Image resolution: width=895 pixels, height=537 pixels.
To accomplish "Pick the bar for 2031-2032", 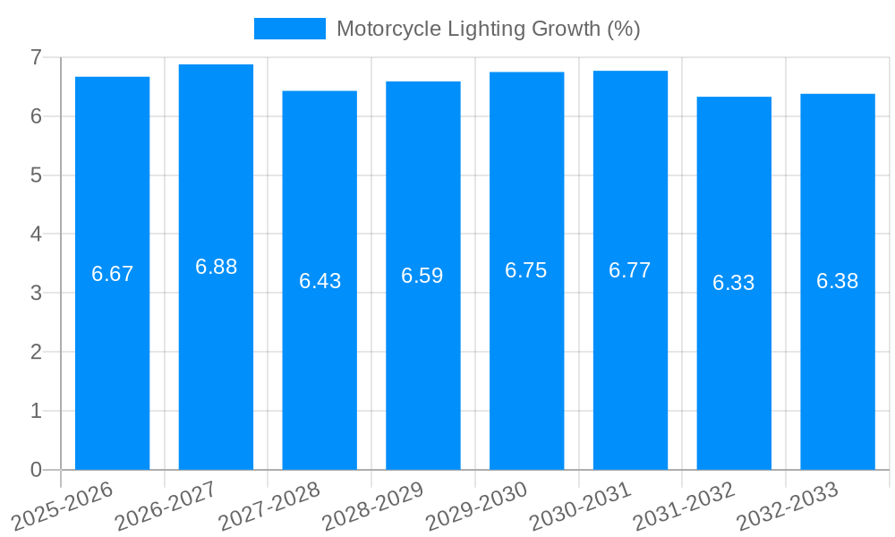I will point(734,376).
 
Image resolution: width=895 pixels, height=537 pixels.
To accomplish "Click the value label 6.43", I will point(320,281).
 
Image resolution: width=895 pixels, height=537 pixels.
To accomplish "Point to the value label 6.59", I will point(422,276).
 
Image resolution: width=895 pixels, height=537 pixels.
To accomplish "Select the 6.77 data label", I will point(630,270).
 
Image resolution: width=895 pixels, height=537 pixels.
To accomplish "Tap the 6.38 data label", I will point(837,281).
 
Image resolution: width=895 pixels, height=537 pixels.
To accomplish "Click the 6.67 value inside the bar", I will point(112,274).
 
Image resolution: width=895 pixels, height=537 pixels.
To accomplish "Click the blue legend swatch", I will point(289,29).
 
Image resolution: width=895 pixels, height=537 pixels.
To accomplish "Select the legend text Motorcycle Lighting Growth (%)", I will point(488,29).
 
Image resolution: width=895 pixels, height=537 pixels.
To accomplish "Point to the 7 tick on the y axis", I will point(36,57).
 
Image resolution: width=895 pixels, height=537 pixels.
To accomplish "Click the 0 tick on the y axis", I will point(36,470).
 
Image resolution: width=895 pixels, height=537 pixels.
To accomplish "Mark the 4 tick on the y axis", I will point(36,234).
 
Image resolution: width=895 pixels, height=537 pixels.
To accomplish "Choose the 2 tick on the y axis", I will point(36,352).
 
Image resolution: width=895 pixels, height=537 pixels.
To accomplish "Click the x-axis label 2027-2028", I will point(268,507).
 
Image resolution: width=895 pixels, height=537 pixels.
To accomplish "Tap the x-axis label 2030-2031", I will point(579,507).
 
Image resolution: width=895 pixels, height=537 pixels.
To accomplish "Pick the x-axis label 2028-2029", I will point(372,507).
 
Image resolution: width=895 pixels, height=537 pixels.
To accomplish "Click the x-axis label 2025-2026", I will point(62,507).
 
